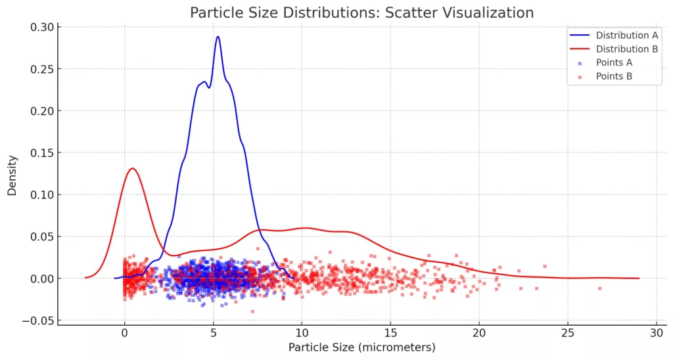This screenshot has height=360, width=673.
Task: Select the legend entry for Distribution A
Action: coord(626,35)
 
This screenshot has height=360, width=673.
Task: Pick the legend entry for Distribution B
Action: coord(626,49)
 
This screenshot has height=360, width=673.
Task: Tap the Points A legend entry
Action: coord(614,63)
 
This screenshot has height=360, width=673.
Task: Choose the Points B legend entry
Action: coord(614,77)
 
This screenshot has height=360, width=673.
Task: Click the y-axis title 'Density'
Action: coord(12,175)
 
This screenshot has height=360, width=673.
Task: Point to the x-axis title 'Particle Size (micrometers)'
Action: coord(361,347)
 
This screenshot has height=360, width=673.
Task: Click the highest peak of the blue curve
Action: coord(218,37)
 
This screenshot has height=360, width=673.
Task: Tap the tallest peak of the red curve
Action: coord(133,168)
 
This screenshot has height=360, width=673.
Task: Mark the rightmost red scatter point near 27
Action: coord(599,288)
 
